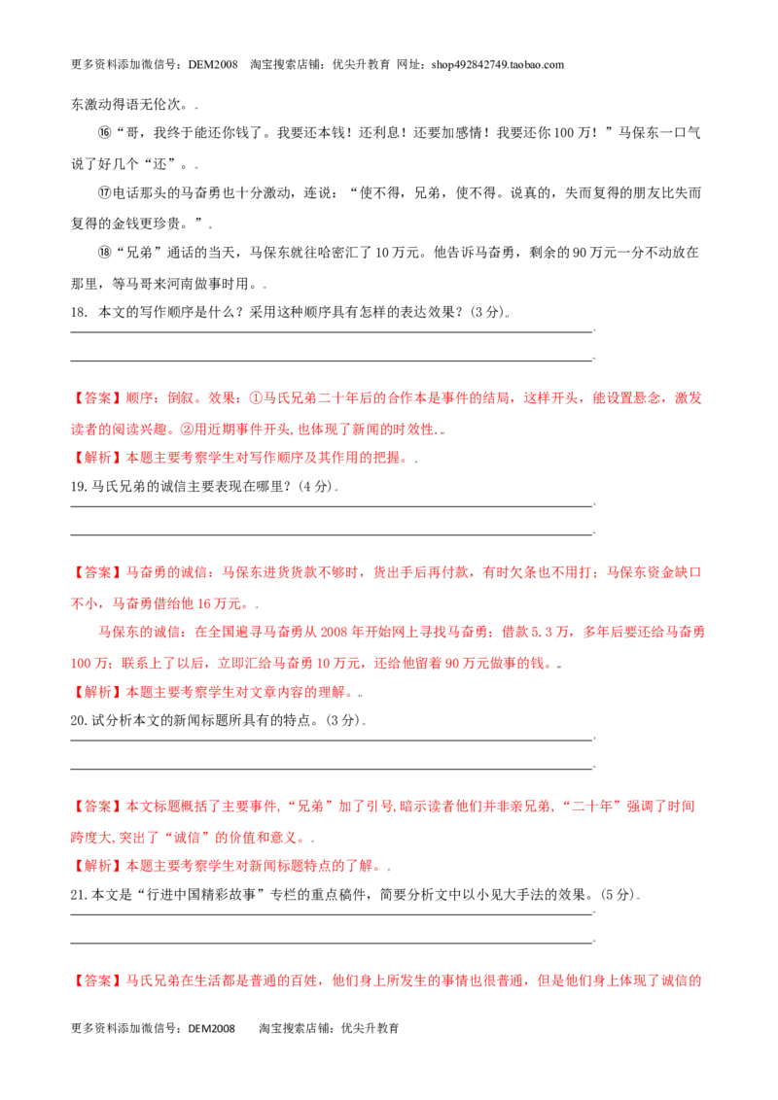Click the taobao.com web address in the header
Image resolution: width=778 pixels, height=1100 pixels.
pyautogui.click(x=497, y=64)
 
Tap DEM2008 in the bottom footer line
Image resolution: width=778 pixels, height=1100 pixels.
pyautogui.click(x=211, y=1028)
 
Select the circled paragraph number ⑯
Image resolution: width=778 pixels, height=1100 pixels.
pyautogui.click(x=105, y=133)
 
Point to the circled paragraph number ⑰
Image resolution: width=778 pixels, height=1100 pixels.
pyautogui.click(x=105, y=193)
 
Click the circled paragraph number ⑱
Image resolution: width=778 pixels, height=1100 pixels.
pyautogui.click(x=105, y=253)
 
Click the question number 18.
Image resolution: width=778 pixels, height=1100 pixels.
pyautogui.click(x=79, y=312)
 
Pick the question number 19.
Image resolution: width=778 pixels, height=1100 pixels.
pyautogui.click(x=78, y=486)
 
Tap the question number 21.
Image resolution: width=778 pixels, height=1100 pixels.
pyautogui.click(x=78, y=895)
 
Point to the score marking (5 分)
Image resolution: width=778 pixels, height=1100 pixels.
pyautogui.click(x=618, y=895)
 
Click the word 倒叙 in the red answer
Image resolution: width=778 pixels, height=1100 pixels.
pyautogui.click(x=181, y=398)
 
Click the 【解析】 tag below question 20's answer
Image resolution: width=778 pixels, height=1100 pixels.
pyautogui.click(x=97, y=866)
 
